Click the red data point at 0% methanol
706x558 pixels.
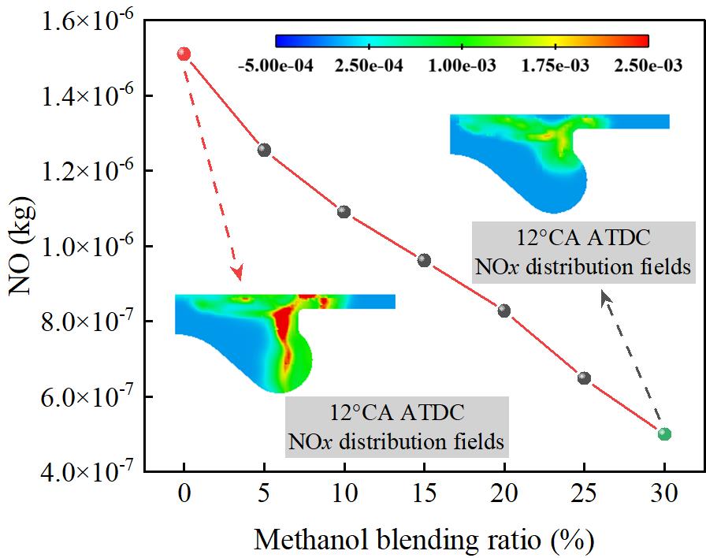tap(184, 54)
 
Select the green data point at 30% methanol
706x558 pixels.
tap(664, 433)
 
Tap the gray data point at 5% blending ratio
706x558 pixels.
tap(264, 150)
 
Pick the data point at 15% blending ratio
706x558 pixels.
tap(424, 260)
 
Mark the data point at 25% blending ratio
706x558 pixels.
tap(584, 378)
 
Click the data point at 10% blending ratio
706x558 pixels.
tap(344, 211)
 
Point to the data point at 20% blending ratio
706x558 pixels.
tap(504, 311)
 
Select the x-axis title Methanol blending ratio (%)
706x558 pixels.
tap(423, 540)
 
